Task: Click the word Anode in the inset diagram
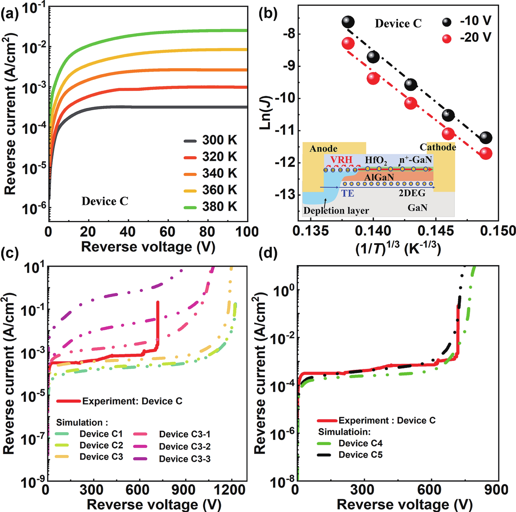(323, 149)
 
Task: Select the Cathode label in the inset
(438, 147)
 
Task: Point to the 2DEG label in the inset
(412, 193)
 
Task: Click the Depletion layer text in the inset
(336, 211)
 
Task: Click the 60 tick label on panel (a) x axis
(167, 232)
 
